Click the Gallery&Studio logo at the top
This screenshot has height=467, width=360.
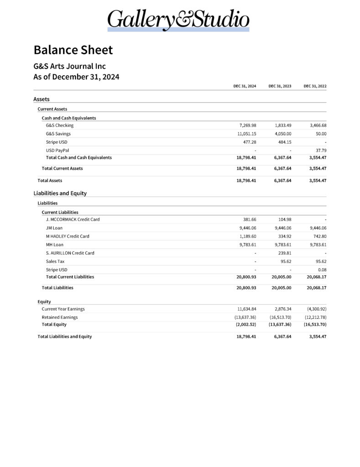pyautogui.click(x=178, y=21)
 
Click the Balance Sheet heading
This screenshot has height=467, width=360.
pyautogui.click(x=73, y=50)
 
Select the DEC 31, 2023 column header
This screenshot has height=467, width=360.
pyautogui.click(x=280, y=86)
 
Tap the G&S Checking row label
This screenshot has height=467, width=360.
pyautogui.click(x=59, y=125)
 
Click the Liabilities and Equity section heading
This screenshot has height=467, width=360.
pyautogui.click(x=60, y=193)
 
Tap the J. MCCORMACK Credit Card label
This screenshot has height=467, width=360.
pyautogui.click(x=73, y=219)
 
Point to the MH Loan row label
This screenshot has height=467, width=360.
pyautogui.click(x=54, y=244)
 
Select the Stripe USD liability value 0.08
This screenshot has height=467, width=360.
pyautogui.click(x=323, y=270)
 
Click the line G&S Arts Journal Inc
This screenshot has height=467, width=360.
pyautogui.click(x=69, y=67)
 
